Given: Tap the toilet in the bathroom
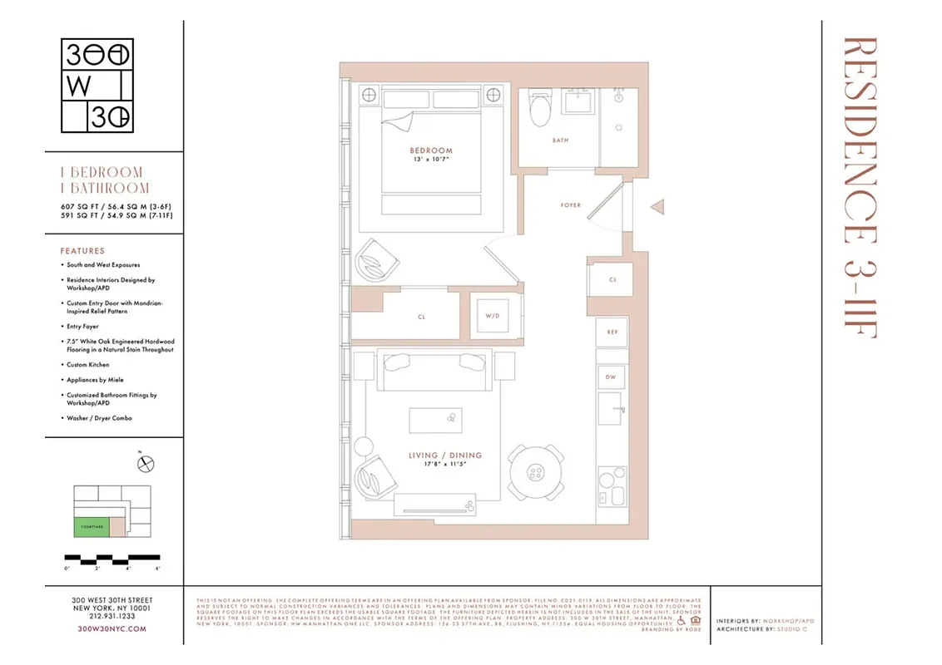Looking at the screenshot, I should click(x=540, y=108).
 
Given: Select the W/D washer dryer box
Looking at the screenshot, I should click(x=492, y=316).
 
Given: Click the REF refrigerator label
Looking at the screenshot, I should click(x=612, y=332).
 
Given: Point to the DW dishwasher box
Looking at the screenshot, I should click(x=610, y=377).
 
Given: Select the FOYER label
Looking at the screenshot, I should click(x=571, y=204).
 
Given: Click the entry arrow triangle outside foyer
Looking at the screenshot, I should click(x=657, y=205).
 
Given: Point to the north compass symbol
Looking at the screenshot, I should click(x=146, y=464).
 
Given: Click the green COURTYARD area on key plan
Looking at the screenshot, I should click(x=92, y=526).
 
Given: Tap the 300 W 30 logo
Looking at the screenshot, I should click(x=98, y=86).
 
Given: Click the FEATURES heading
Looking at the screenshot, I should click(x=82, y=250).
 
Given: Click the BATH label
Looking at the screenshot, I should click(x=561, y=140).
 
